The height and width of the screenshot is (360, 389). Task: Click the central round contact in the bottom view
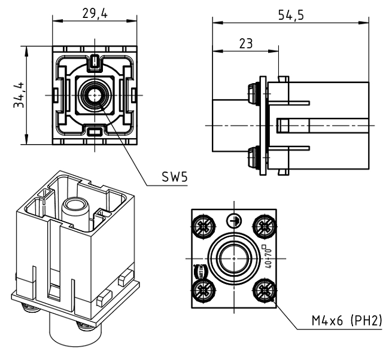coord(233,258)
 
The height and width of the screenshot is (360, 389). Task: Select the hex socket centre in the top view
coord(95,94)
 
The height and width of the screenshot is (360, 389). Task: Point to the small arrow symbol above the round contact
coord(233,219)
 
